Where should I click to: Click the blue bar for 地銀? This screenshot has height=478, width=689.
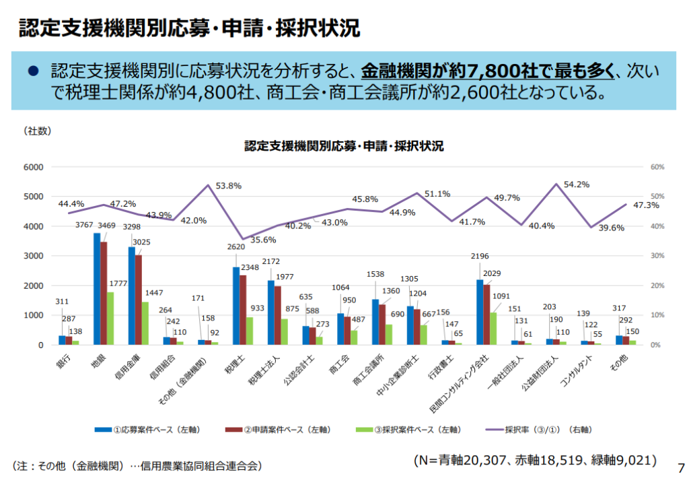(97, 289)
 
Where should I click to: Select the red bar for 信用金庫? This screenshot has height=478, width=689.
(139, 300)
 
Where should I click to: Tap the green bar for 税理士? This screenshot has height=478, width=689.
(250, 331)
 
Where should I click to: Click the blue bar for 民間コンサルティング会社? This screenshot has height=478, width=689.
(480, 312)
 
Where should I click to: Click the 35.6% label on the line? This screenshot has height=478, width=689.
(262, 240)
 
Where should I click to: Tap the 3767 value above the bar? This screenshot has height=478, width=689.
(84, 225)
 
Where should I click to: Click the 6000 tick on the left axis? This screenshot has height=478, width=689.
(34, 167)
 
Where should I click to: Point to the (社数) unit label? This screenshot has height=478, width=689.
(38, 131)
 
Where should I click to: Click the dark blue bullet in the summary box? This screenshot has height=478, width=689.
(31, 70)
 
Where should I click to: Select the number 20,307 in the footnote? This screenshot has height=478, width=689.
(482, 460)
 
